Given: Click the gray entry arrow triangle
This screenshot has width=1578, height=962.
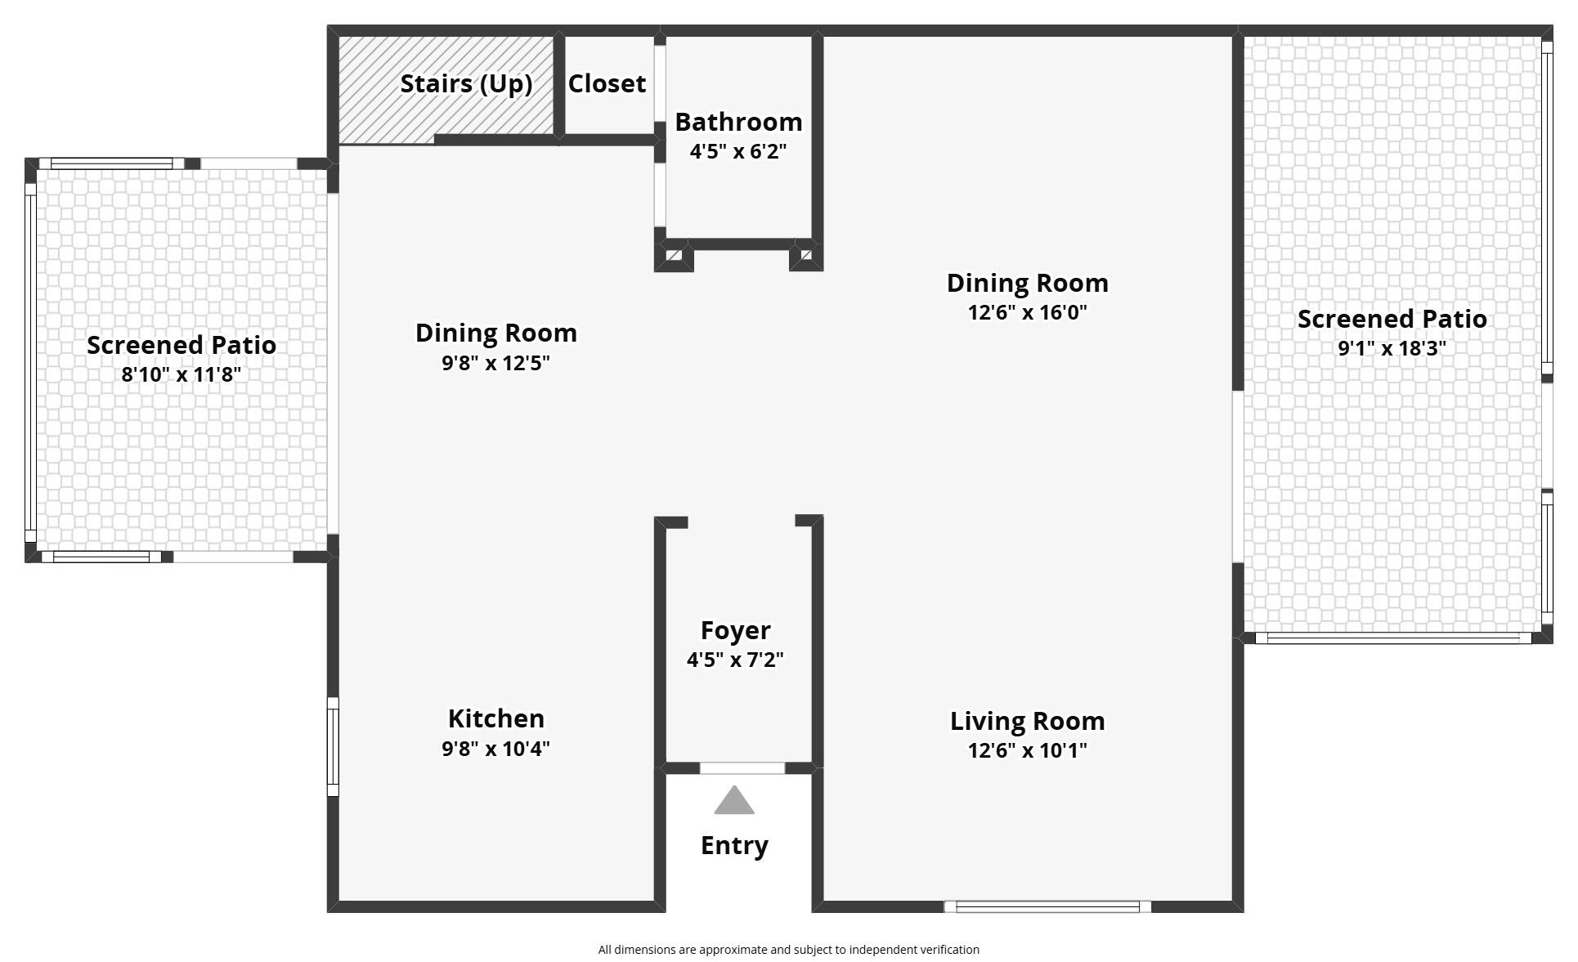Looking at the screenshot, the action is pos(734,801).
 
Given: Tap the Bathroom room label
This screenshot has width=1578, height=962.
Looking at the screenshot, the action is pos(738,122).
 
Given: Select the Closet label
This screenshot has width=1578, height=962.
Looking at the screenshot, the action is pos(607,83).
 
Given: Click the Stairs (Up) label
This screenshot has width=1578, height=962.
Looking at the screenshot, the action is pos(466,84).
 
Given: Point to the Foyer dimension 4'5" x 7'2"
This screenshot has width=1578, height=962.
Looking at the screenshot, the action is pos(735,660).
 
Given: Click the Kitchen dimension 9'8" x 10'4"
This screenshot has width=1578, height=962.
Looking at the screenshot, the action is pos(495,749).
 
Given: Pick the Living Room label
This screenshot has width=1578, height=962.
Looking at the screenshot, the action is pos(1027,722).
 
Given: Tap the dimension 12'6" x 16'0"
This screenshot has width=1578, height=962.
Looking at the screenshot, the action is pos(1027,312).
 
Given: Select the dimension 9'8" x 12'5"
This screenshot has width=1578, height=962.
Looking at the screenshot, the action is pos(495,363).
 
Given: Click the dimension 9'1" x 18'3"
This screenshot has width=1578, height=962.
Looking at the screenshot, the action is pos(1392,348).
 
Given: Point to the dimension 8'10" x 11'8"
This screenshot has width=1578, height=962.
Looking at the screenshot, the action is pos(182,374).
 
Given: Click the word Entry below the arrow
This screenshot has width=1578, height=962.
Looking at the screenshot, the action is pos(734,846).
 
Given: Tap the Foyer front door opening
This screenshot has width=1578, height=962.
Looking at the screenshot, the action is pos(742,768).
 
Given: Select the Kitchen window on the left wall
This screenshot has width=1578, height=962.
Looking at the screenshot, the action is pos(333,746).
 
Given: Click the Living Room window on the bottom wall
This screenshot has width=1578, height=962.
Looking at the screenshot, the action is pos(1047,906).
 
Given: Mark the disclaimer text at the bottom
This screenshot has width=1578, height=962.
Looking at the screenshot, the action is pos(788,950).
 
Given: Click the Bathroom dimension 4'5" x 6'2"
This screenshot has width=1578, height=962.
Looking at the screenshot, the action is pos(738,151).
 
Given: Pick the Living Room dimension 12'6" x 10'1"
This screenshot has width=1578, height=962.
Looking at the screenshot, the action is pos(1027,750).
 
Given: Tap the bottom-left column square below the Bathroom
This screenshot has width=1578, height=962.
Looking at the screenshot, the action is pos(674,256).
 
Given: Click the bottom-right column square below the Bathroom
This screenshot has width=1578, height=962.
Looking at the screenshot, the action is pos(806,255).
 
